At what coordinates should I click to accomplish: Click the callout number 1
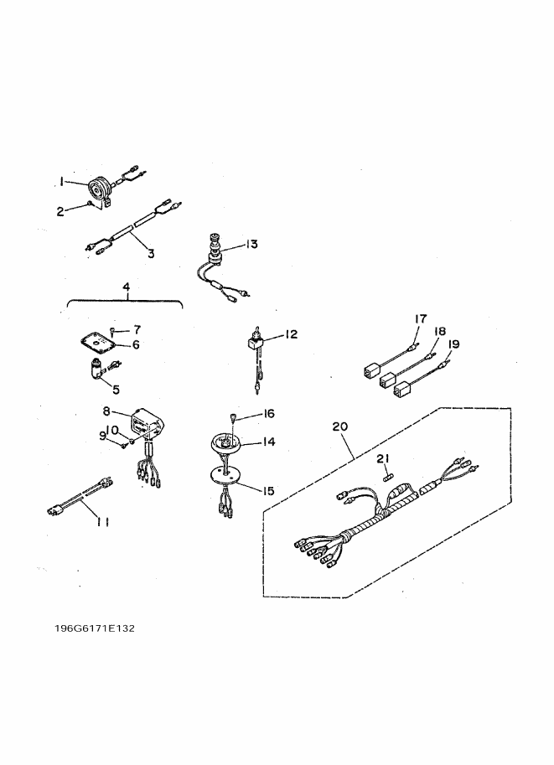(x=61, y=180)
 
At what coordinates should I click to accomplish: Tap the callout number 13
(x=251, y=244)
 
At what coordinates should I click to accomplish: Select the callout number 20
(x=339, y=426)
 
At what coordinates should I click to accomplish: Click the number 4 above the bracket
(x=126, y=287)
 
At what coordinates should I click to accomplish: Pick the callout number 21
(x=383, y=458)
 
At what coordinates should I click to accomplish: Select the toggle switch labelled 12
(x=252, y=343)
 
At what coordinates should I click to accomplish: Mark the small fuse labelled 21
(x=388, y=476)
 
